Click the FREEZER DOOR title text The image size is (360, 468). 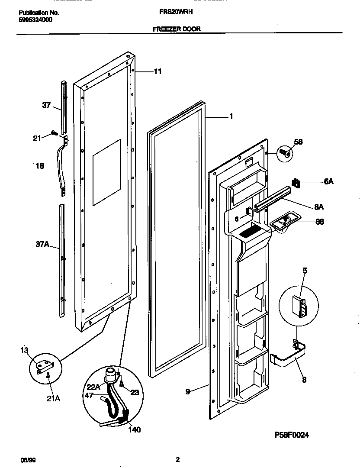coord(177,29)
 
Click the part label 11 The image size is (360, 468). coord(157,71)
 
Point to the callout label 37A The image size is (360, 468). coord(42,245)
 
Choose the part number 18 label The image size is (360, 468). coord(39,165)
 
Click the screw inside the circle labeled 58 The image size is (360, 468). coord(284,152)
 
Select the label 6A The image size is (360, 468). coord(328,182)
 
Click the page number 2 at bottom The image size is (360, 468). coord(178,459)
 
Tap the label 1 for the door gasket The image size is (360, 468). coord(231,116)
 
